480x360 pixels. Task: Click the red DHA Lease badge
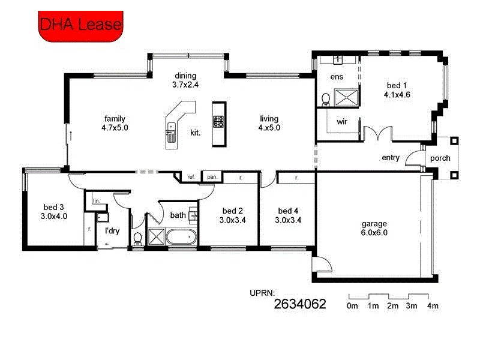click(80, 24)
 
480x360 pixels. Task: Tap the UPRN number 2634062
click(299, 304)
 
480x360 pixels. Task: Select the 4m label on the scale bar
click(432, 307)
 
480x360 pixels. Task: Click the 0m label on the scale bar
click(352, 307)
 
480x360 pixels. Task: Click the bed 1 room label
click(397, 85)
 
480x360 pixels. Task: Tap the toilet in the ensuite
click(325, 98)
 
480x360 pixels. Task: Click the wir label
click(342, 121)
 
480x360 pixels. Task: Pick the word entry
click(391, 158)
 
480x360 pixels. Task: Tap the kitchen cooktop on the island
click(218, 121)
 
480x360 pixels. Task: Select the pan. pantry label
click(212, 177)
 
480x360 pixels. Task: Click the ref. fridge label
click(191, 177)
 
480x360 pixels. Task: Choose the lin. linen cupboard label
click(95, 201)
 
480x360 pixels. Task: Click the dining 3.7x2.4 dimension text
click(185, 80)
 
